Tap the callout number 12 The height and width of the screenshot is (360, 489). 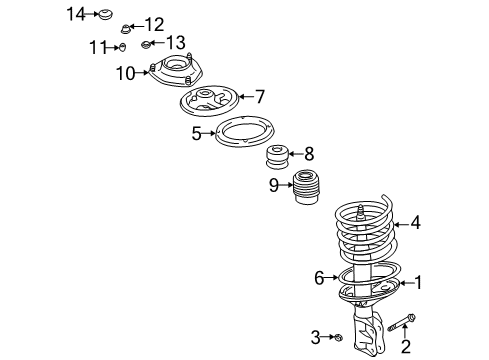[x=153, y=24]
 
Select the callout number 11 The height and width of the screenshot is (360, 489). [x=96, y=46]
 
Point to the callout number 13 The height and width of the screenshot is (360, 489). [x=175, y=42]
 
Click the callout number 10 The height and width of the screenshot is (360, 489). [x=125, y=73]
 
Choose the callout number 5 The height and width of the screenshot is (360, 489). [x=198, y=132]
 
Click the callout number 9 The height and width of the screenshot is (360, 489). [x=273, y=184]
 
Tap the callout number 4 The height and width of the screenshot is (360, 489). [x=415, y=223]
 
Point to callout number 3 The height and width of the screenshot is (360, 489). [x=315, y=338]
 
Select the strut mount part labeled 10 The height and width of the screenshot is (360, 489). [x=174, y=75]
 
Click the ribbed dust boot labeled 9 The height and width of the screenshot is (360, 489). [x=305, y=192]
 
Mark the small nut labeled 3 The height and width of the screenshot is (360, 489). [x=341, y=339]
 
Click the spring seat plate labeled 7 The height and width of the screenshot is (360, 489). [x=212, y=101]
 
